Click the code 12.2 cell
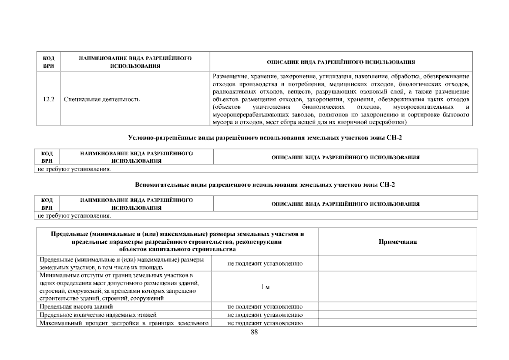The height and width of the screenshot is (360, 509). tap(48, 99)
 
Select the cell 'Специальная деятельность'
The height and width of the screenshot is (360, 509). tap(102, 99)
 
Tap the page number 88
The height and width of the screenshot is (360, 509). tap(254, 332)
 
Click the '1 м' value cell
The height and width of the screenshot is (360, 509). tap(265, 287)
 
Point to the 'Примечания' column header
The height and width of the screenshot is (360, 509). tap(398, 242)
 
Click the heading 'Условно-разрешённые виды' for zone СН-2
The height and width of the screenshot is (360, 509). tap(265, 138)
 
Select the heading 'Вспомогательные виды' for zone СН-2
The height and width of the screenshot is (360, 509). tap(265, 185)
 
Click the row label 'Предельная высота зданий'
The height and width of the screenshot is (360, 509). tap(76, 307)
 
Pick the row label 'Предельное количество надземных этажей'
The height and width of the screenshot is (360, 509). tap(98, 315)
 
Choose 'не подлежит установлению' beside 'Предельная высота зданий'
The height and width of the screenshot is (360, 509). tap(265, 307)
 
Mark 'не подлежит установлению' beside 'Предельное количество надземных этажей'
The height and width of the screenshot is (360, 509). tap(265, 315)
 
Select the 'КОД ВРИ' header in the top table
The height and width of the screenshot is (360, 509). tap(48, 62)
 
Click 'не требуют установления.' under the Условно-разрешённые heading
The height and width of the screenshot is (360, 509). tap(74, 169)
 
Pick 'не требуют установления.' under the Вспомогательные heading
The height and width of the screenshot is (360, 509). tap(74, 216)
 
